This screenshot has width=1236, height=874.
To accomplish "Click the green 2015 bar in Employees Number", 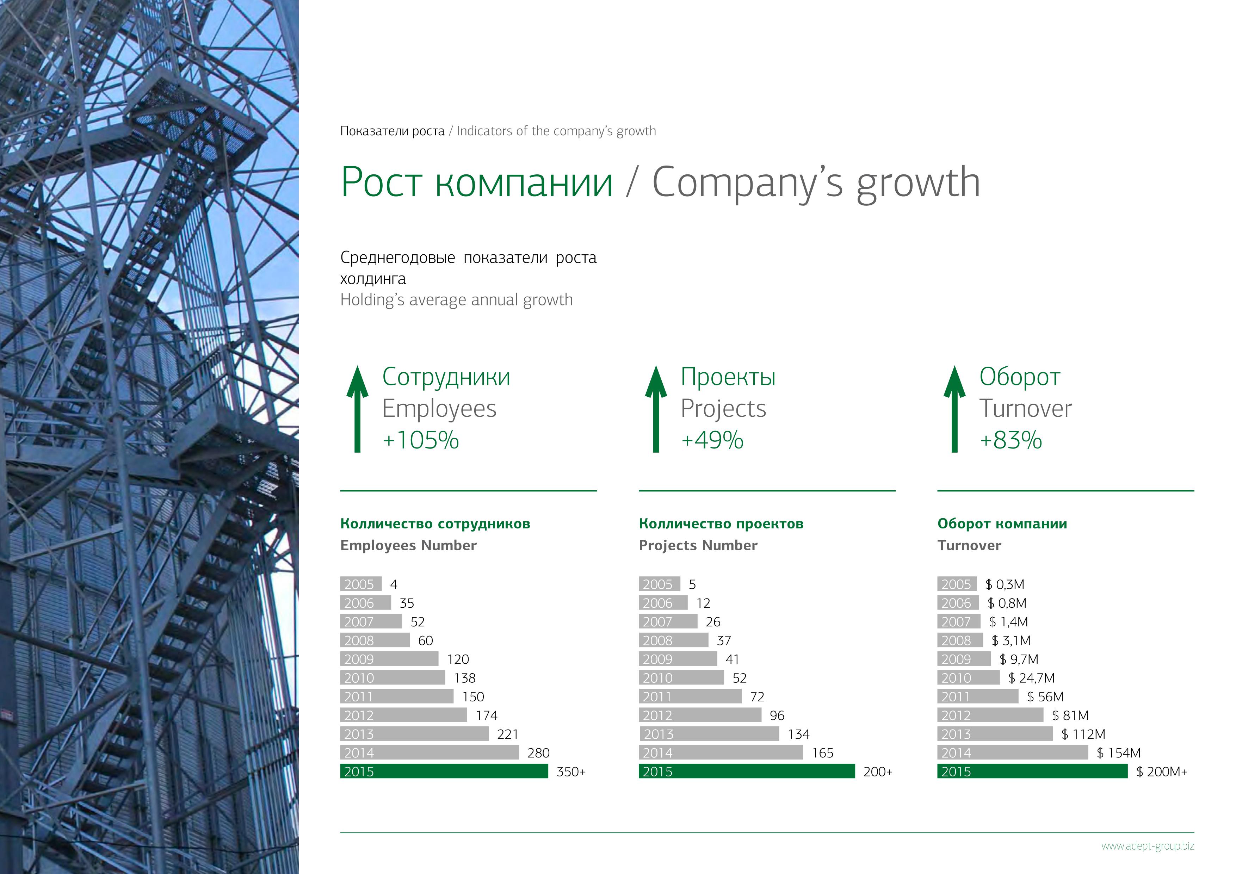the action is [x=444, y=771].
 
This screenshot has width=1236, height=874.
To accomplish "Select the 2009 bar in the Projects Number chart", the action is [x=678, y=659].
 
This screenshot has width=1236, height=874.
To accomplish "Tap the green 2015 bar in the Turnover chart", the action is [x=1032, y=771].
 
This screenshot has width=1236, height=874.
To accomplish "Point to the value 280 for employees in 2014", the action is [x=538, y=753].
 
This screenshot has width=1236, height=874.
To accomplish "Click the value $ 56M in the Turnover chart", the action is [x=1045, y=697].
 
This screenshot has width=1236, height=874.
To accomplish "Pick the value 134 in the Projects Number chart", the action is [x=798, y=734].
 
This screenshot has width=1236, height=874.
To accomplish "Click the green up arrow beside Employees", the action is [x=358, y=409].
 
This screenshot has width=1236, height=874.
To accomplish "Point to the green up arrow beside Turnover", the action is [x=954, y=409].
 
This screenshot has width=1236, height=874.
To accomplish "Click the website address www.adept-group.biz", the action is [x=1148, y=845].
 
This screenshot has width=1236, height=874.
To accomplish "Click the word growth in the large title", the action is [x=919, y=183].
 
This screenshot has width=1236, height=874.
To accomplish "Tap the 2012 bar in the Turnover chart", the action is [x=990, y=715].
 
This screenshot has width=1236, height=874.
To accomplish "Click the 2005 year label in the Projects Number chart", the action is [x=657, y=584].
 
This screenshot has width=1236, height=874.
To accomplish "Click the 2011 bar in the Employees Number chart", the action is [x=397, y=696].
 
